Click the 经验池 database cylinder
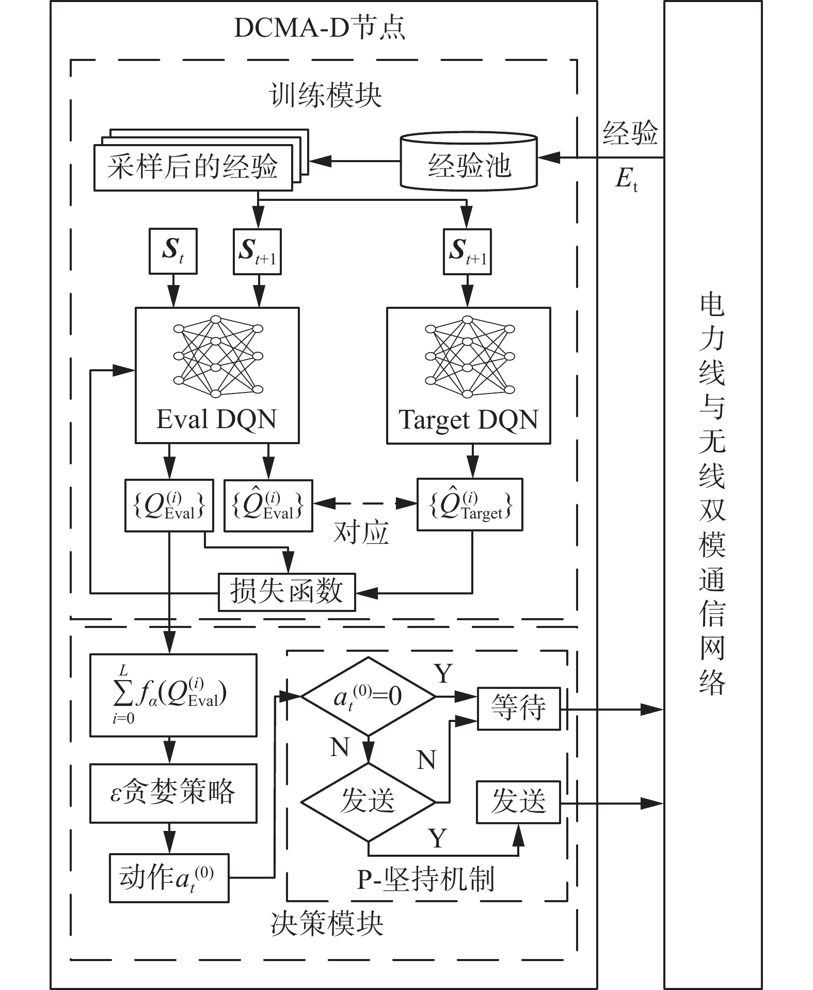click(469, 162)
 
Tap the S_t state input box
click(173, 251)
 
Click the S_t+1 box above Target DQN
click(467, 251)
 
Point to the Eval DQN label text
click(216, 419)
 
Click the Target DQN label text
click(468, 419)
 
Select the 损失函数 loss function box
click(286, 592)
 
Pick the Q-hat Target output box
click(470, 505)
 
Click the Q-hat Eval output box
click(268, 506)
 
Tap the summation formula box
click(173, 695)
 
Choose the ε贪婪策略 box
click(173, 793)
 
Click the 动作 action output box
click(169, 878)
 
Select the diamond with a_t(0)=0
click(368, 697)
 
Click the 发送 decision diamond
click(368, 802)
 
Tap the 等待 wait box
click(518, 708)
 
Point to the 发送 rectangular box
click(518, 802)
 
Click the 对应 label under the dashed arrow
click(361, 533)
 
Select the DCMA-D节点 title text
click(320, 28)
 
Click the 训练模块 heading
click(325, 96)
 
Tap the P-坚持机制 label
click(426, 878)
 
